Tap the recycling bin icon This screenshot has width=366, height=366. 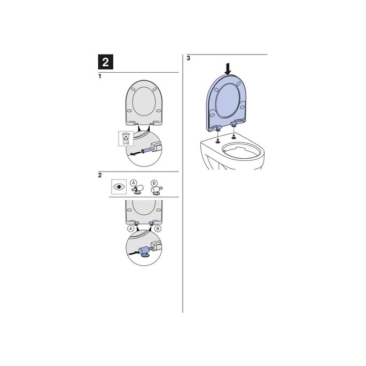124,139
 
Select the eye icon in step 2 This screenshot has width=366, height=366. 118,187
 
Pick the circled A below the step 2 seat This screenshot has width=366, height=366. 130,229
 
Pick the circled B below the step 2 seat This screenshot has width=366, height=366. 158,229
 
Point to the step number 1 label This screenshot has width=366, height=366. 100,77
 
